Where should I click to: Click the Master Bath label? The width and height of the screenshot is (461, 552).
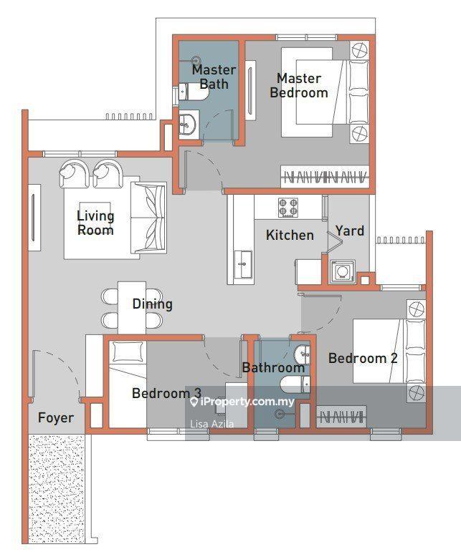pos(214,77)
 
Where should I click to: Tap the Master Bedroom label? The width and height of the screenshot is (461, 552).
pos(299,85)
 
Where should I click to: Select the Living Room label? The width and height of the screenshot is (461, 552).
pos(95,223)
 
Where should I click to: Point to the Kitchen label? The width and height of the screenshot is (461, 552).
pos(290,235)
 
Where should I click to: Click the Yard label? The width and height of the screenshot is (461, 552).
pos(350,231)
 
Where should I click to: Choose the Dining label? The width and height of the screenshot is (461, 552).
pos(152,304)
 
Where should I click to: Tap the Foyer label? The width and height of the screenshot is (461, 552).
pos(56,418)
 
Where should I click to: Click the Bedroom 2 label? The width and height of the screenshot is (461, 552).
pos(363,359)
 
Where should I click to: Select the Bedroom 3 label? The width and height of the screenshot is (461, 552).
pos(166,393)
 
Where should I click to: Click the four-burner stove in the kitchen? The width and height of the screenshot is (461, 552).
pos(288,208)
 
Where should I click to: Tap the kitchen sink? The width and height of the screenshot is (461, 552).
pos(243,265)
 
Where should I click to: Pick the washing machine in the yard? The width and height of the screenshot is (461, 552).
pos(341,271)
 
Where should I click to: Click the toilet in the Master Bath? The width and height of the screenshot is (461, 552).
pos(194,92)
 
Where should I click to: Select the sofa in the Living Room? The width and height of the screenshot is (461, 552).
pos(148,218)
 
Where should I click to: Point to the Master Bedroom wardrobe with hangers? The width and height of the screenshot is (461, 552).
pos(325,176)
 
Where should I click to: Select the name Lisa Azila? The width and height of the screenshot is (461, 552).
pos(212,425)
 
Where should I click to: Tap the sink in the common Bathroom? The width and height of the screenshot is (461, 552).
pos(303,354)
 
